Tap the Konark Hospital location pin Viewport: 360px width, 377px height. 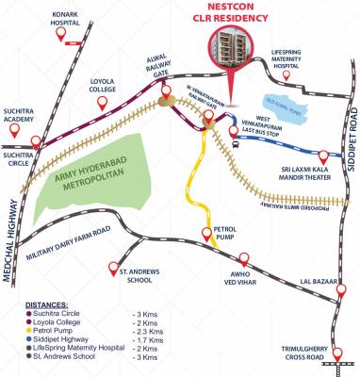click(64, 37)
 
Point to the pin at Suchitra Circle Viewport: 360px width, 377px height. click(37, 143)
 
